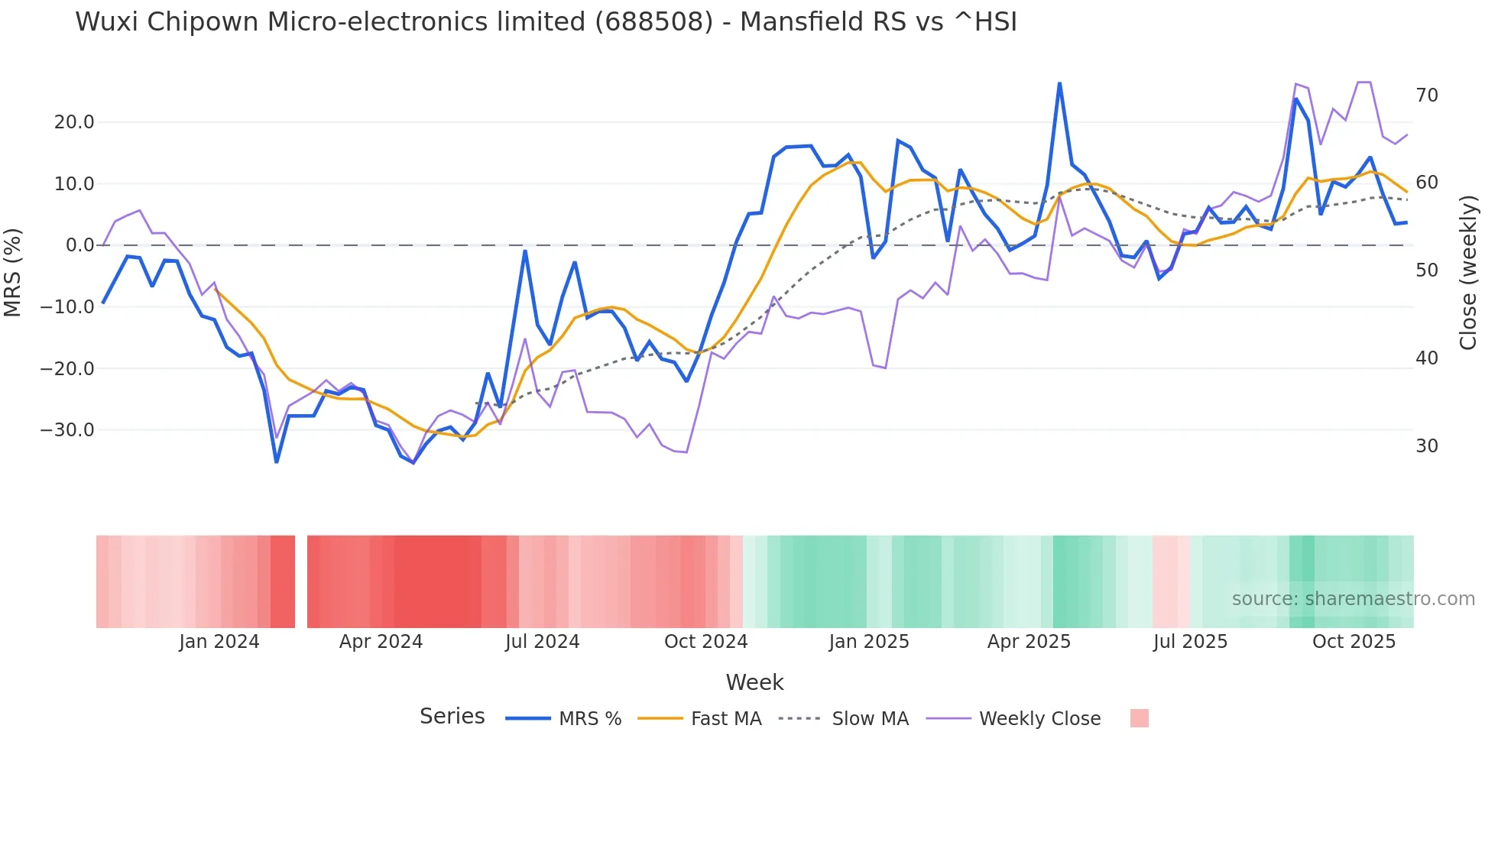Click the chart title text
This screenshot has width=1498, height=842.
[x=546, y=22]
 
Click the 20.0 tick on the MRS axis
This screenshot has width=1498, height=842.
[x=73, y=122]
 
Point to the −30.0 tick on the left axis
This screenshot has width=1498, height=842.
[x=67, y=430]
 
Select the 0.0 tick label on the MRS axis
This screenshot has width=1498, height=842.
[x=79, y=245]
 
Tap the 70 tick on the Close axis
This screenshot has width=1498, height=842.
[x=1427, y=96]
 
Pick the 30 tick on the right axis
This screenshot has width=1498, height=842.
[x=1427, y=446]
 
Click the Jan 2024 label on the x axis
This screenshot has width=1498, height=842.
[x=219, y=642]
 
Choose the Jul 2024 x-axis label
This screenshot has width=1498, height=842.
[x=542, y=642]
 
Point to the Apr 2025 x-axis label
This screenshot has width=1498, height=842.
[x=1029, y=642]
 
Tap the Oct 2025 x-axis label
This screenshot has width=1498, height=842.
[x=1354, y=642]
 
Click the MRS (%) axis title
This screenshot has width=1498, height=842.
[x=13, y=272]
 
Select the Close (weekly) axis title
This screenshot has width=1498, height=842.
[x=1468, y=273]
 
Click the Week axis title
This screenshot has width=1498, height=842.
[x=754, y=682]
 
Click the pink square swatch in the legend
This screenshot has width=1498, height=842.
[x=1139, y=718]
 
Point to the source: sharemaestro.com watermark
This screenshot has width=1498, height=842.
[x=1353, y=599]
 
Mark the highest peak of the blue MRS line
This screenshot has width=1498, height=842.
[x=1059, y=83]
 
